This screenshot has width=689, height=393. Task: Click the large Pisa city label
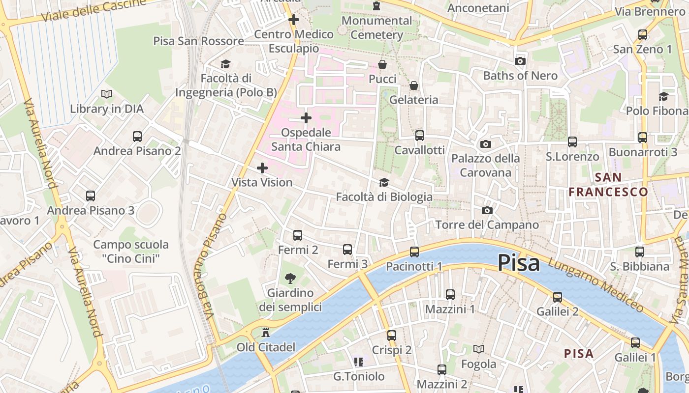(518, 263)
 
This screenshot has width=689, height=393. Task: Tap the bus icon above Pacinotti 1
(414, 252)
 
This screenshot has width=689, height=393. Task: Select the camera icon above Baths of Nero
(520, 61)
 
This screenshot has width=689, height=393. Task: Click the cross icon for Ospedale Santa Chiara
(306, 118)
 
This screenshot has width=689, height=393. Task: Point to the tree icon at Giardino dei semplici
(291, 279)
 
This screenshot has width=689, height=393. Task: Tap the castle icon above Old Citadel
(266, 333)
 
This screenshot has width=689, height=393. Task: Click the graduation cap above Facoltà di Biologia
(384, 183)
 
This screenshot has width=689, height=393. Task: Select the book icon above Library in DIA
(107, 94)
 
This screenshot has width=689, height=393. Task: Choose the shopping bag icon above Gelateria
(414, 86)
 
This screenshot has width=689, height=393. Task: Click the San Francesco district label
(608, 185)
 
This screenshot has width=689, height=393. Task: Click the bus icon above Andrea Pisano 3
(91, 196)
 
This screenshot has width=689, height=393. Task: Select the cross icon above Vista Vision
(262, 168)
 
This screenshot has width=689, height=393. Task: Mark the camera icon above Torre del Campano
(487, 211)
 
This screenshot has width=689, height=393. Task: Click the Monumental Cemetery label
(376, 28)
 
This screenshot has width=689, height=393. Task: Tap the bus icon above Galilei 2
(557, 297)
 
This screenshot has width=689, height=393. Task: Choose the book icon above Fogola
(478, 349)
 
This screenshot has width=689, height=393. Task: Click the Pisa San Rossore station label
(198, 41)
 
